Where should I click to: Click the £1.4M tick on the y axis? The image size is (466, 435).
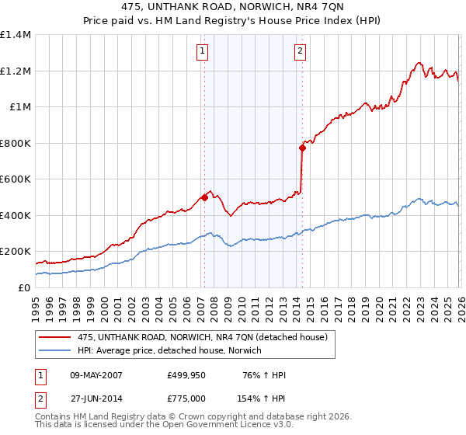click(x=16, y=35)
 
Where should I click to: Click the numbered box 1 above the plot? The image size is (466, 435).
click(x=202, y=52)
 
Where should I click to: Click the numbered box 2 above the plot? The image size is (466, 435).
click(x=300, y=52)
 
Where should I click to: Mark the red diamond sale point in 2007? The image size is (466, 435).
click(x=204, y=197)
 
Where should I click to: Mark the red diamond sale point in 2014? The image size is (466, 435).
click(x=302, y=148)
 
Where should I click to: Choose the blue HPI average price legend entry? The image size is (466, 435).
click(x=169, y=351)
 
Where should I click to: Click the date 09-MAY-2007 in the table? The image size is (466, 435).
click(x=95, y=376)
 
